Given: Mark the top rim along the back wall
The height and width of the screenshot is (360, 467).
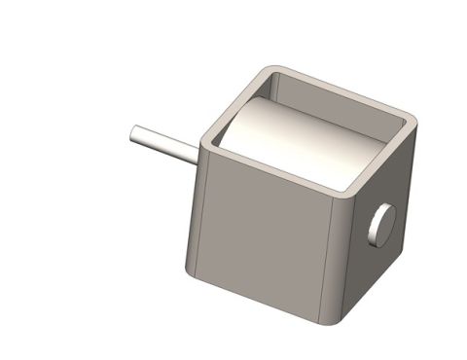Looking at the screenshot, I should coord(341,90).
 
